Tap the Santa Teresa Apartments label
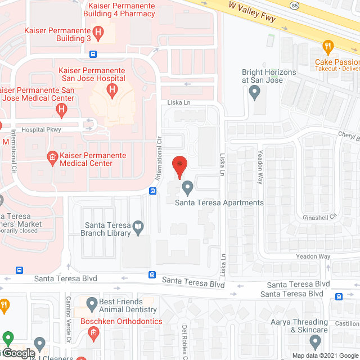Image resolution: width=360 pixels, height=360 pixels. [219, 202]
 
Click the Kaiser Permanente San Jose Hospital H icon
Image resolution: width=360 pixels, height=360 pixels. [112, 89]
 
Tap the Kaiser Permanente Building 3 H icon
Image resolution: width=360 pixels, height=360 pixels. [98, 34]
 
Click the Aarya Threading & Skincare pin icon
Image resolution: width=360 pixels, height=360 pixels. [315, 341]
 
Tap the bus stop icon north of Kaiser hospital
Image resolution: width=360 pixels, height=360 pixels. [93, 55]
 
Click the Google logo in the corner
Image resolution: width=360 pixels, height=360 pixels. [18, 353]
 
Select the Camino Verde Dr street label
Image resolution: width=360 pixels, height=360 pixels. [68, 321]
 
